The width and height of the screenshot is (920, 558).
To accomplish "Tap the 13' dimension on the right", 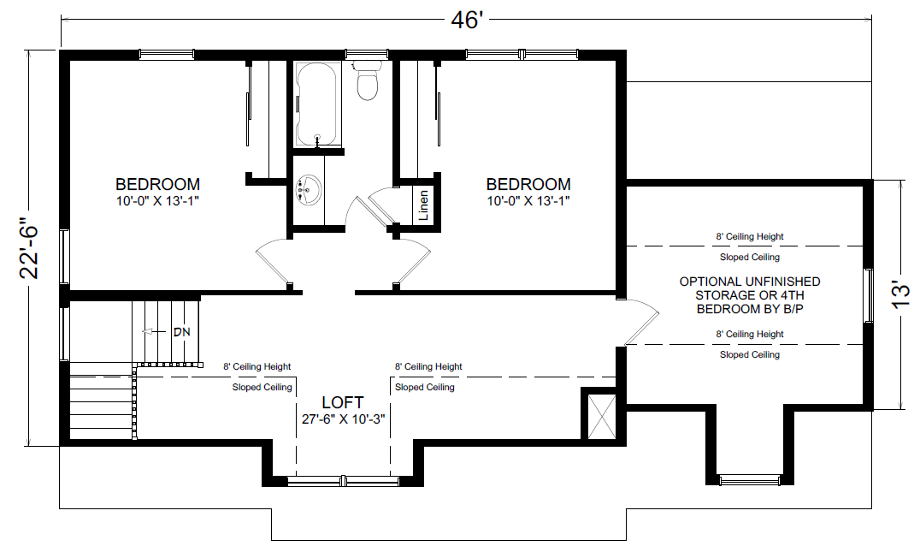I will click(901, 294).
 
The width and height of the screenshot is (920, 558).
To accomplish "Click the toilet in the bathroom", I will click(368, 80).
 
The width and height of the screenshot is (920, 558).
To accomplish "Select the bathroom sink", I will click(310, 190).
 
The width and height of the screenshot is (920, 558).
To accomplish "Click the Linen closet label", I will click(423, 205).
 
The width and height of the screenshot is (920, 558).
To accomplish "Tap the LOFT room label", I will click(342, 402).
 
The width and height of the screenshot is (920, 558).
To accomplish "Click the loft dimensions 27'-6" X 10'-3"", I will click(342, 419).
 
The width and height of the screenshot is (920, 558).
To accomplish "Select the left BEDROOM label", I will click(158, 184).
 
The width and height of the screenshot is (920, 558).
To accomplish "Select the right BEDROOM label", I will click(528, 184).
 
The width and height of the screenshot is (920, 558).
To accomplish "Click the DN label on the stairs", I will click(180, 331).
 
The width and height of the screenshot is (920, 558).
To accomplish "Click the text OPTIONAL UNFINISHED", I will click(749, 281).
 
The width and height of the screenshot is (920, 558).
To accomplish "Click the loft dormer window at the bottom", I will click(342, 482).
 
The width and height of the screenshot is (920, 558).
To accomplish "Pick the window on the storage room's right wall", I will click(869, 295).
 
